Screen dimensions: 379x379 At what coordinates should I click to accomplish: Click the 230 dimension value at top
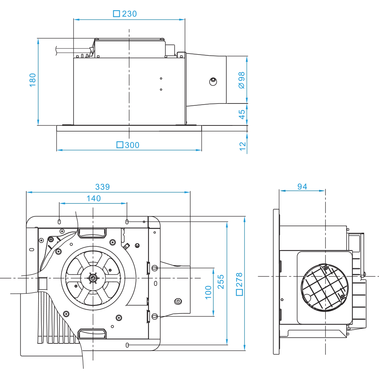[x=130, y=14]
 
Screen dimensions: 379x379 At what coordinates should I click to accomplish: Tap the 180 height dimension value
[x=33, y=80]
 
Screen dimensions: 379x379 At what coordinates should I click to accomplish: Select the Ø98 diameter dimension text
[x=242, y=80]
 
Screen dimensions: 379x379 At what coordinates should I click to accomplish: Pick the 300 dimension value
[x=132, y=145]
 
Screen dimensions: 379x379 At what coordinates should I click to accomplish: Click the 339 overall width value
[x=102, y=187]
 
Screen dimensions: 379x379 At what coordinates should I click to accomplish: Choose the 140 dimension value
[x=94, y=198]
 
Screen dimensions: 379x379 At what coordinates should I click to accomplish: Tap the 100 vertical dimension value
[x=208, y=292]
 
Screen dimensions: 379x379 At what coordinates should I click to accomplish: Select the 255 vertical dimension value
[x=221, y=282]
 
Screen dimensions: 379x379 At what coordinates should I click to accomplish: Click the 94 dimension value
[x=302, y=186]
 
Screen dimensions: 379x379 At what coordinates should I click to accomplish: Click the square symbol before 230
[x=117, y=14]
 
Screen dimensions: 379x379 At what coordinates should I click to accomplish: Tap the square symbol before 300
[x=120, y=145]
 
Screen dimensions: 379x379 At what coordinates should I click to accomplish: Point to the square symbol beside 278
[x=239, y=292]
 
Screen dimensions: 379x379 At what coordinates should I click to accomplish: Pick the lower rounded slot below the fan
[x=92, y=333]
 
